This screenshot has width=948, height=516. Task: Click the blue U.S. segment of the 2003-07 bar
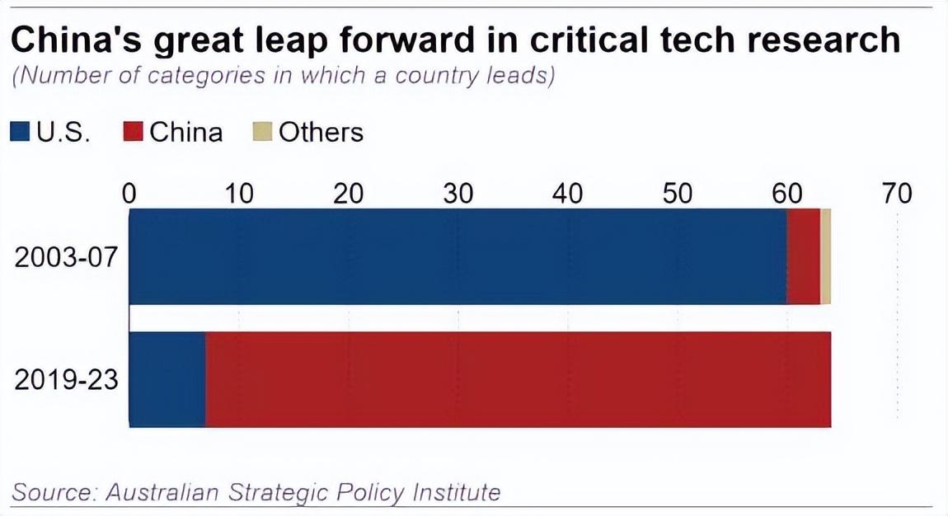tap(458, 256)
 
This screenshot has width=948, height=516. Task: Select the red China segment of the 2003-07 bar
tap(804, 256)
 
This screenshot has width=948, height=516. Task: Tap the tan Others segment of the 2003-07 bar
tap(825, 256)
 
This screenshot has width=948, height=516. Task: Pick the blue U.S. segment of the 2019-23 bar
tap(167, 379)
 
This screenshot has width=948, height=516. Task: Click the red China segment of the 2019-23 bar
tap(518, 379)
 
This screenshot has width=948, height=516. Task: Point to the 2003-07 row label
tap(67, 257)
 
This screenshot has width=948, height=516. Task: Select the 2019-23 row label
tap(67, 380)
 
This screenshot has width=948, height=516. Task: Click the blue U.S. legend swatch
tap(21, 132)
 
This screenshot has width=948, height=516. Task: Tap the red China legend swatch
tap(134, 132)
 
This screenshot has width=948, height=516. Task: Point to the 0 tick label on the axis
tap(129, 193)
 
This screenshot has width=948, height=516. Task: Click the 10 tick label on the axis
tap(239, 193)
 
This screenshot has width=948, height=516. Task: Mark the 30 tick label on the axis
tap(458, 193)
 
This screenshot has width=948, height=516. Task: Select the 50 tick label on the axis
tap(677, 193)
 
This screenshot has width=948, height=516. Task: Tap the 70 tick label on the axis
tap(897, 193)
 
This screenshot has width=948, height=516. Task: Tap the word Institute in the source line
tap(456, 492)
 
